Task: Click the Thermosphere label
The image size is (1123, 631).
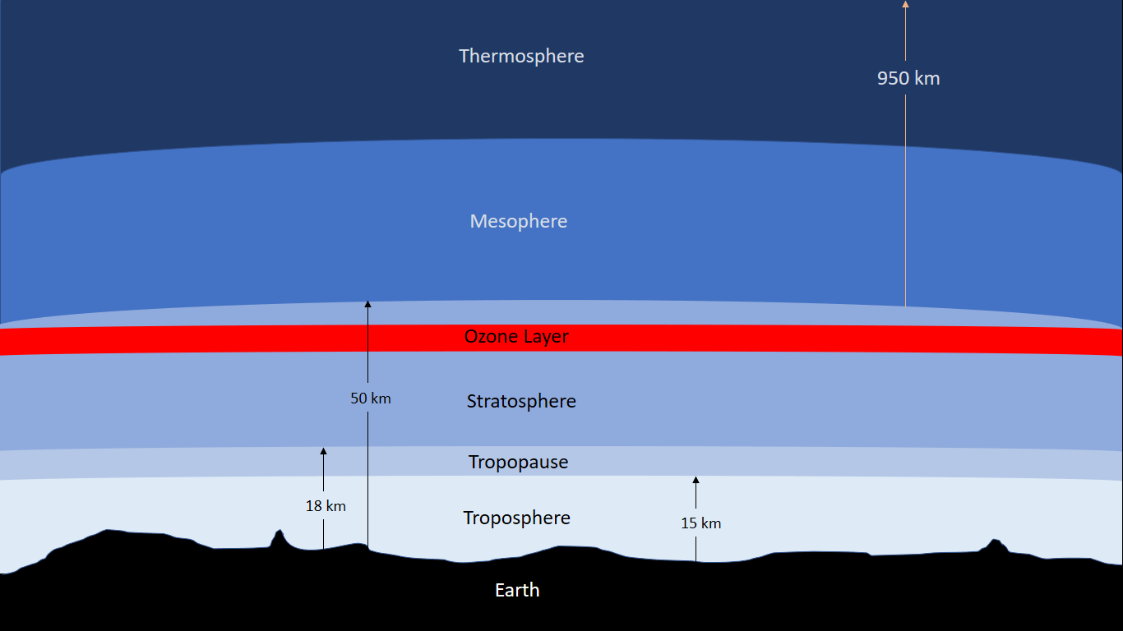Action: [521, 56]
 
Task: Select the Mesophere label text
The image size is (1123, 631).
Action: [519, 221]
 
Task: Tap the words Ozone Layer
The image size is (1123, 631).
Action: [516, 337]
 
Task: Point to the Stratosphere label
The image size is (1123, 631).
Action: [521, 401]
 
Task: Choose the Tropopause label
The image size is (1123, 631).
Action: [518, 462]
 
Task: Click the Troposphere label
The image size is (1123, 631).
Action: [516, 518]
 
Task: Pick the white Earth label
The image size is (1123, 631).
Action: [517, 590]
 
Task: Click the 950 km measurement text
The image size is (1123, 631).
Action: [908, 79]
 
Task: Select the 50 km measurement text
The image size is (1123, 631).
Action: [371, 398]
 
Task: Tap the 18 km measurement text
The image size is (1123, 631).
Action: [326, 506]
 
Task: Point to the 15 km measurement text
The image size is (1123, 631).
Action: [700, 523]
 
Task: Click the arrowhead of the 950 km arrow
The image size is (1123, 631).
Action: [905, 4]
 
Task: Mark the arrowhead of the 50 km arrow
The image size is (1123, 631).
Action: [367, 304]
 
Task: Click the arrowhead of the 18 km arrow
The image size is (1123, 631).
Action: [323, 451]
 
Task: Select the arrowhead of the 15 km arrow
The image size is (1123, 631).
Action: [696, 480]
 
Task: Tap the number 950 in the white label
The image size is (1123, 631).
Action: [893, 79]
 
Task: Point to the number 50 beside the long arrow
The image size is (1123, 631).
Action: [358, 398]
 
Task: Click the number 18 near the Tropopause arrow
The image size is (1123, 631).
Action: [313, 506]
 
